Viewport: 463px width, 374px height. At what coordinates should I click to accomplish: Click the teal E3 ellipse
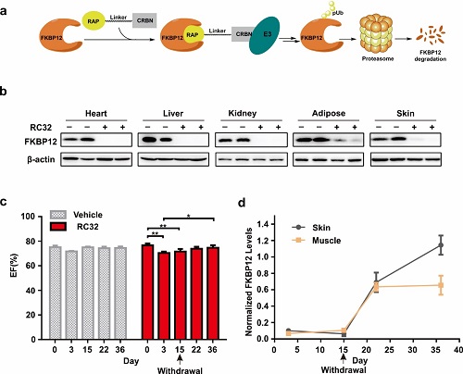(x=265, y=35)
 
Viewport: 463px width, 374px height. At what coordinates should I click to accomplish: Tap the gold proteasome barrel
(x=377, y=34)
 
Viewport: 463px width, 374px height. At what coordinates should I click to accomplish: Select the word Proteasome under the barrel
(x=378, y=58)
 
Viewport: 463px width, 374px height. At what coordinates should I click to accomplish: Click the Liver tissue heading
(x=173, y=114)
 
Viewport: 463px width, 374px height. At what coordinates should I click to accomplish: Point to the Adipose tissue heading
(x=329, y=113)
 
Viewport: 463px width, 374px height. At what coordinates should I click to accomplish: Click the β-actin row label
(x=41, y=159)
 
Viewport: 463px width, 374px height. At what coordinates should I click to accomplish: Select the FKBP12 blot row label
(x=41, y=142)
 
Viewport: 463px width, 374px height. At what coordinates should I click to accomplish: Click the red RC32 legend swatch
(x=58, y=227)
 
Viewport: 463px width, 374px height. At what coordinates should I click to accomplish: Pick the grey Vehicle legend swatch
(x=58, y=215)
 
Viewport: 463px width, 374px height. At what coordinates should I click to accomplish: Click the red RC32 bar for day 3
(x=164, y=296)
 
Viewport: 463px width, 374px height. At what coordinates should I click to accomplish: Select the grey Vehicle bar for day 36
(x=120, y=293)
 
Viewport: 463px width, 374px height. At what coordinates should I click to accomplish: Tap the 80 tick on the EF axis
(x=31, y=241)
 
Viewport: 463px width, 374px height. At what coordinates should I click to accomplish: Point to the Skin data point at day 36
(x=441, y=245)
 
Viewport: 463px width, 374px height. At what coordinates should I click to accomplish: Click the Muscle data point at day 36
(x=441, y=285)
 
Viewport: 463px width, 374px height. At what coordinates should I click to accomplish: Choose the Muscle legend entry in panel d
(x=317, y=241)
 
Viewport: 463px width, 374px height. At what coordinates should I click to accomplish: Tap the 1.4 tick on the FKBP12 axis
(x=262, y=224)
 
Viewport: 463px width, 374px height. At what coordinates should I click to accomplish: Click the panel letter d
(x=242, y=203)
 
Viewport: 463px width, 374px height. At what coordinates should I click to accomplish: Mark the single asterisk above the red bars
(x=188, y=216)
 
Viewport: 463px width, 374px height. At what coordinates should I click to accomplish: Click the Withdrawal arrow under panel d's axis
(x=344, y=359)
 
